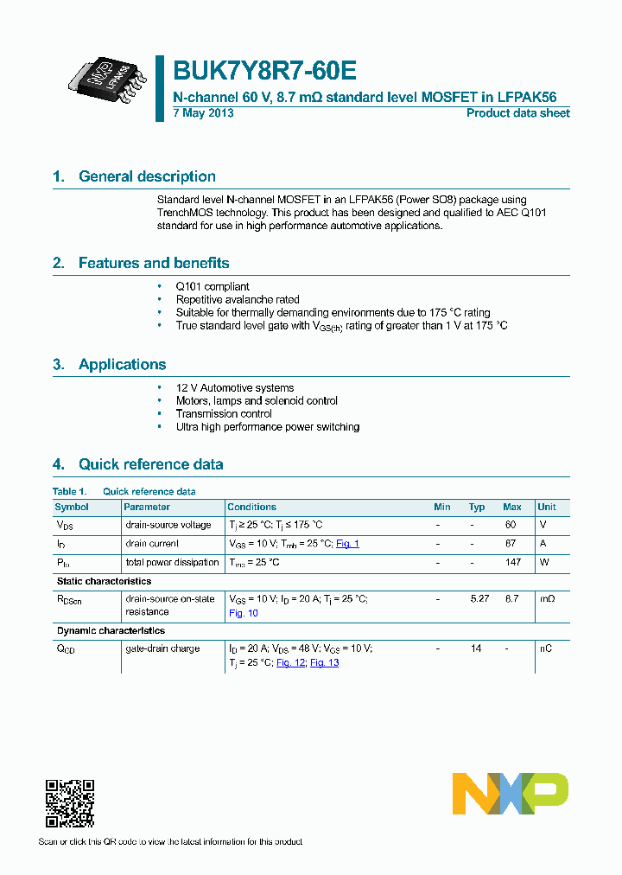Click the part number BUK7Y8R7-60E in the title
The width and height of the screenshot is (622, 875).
click(x=264, y=71)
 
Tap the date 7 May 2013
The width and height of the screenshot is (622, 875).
click(x=202, y=113)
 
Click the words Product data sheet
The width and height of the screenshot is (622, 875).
click(x=517, y=113)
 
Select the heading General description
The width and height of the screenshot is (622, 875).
click(x=147, y=176)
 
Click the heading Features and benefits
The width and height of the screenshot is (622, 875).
click(x=154, y=263)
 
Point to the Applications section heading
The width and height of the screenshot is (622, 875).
click(x=122, y=364)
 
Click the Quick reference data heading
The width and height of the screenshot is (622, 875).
click(x=150, y=464)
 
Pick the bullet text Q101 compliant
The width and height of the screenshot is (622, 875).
click(x=213, y=286)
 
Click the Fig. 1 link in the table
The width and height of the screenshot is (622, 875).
click(x=347, y=544)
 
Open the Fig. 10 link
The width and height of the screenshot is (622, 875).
click(x=243, y=613)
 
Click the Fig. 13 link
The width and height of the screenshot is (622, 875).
click(x=324, y=662)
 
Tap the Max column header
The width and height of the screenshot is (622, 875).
click(x=511, y=507)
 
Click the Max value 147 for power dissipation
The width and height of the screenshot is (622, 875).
click(x=513, y=562)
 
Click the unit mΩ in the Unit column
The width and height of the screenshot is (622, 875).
click(x=546, y=598)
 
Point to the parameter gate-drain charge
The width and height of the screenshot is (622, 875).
click(x=162, y=648)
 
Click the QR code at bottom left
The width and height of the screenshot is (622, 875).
click(x=69, y=804)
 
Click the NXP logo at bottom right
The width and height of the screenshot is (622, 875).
click(x=510, y=794)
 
